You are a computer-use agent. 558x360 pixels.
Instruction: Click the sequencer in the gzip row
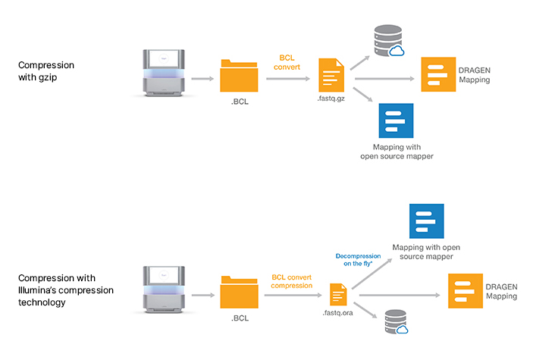pyautogui.click(x=163, y=74)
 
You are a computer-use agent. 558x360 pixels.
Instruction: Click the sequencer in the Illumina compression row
pyautogui.click(x=163, y=289)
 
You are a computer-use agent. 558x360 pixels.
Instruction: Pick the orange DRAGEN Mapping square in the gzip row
pyautogui.click(x=438, y=75)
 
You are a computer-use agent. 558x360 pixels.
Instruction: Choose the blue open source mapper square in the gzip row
pyautogui.click(x=396, y=121)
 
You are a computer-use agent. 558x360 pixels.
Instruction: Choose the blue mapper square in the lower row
pyautogui.click(x=426, y=221)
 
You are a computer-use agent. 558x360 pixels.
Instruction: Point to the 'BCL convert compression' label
pyautogui.click(x=291, y=280)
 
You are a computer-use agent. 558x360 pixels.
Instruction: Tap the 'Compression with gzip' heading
pyautogui.click(x=46, y=70)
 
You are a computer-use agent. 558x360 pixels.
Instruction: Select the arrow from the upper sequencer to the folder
pyautogui.click(x=201, y=78)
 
